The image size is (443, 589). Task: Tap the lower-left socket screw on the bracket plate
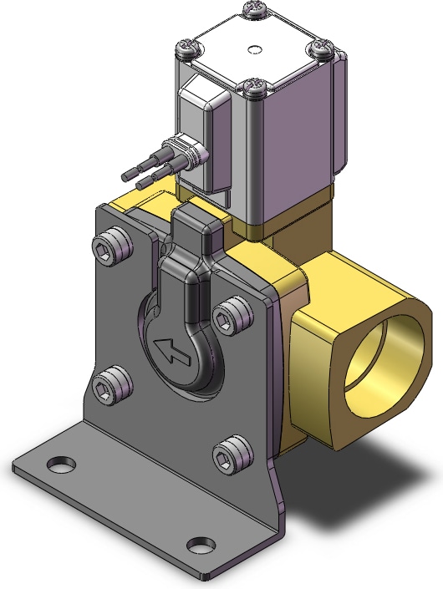point(109,387)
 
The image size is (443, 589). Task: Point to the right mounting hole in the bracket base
point(198,546)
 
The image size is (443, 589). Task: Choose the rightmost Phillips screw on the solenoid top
point(323,50)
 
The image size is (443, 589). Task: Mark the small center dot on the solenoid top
point(254,48)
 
